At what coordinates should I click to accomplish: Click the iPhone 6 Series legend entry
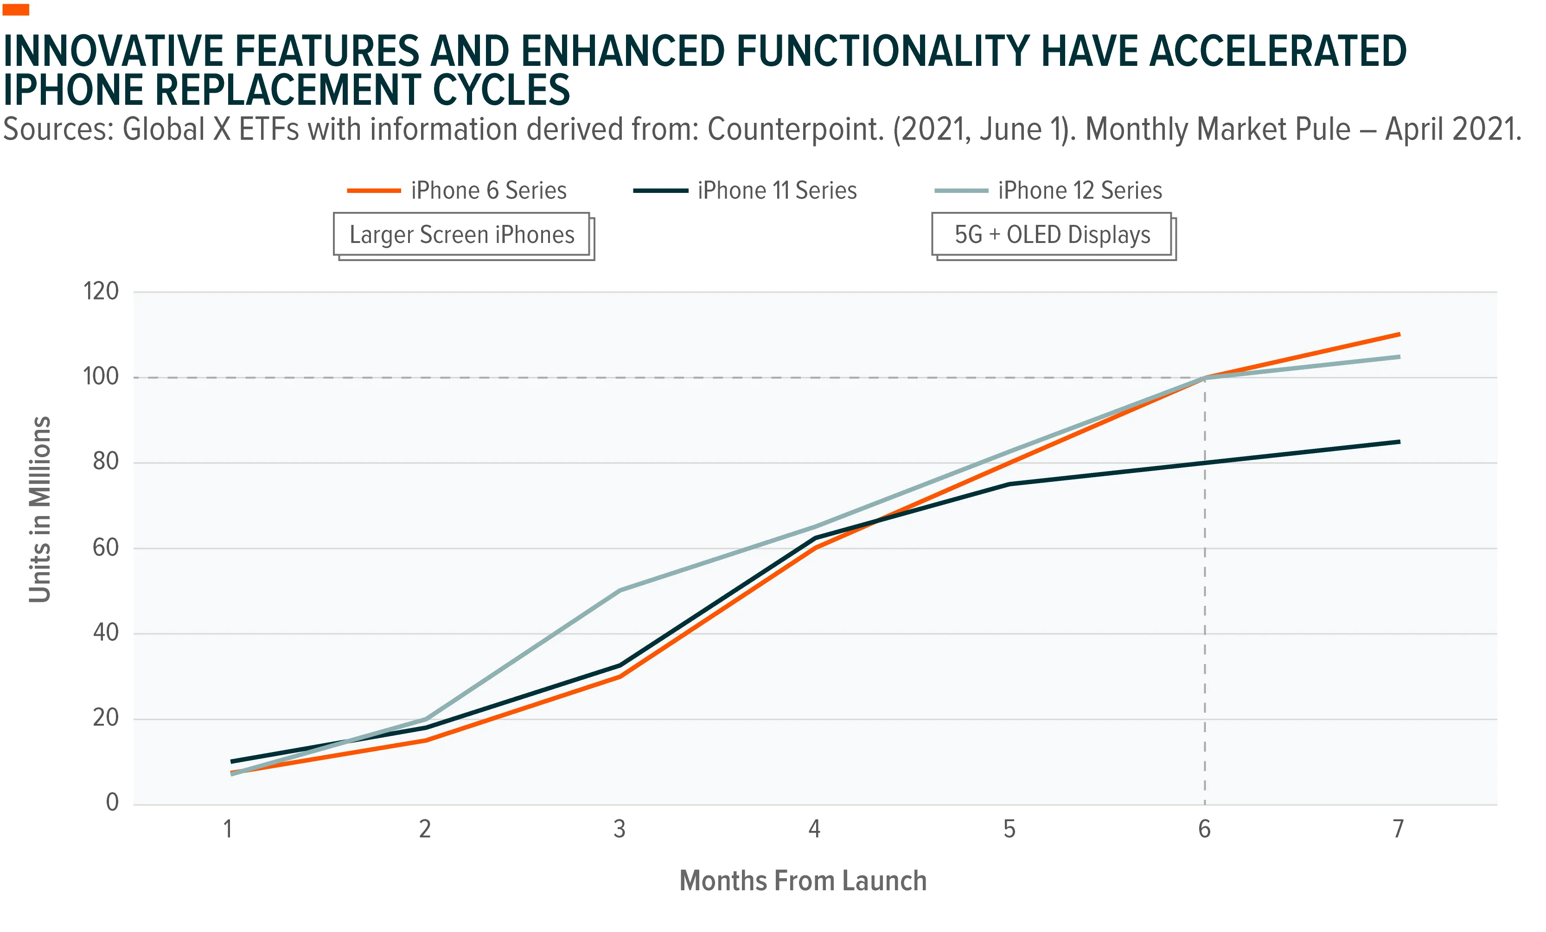(x=457, y=190)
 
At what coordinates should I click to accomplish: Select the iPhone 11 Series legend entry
(x=745, y=190)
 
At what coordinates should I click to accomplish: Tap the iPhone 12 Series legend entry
(x=1048, y=190)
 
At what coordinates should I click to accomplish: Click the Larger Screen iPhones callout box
(x=463, y=236)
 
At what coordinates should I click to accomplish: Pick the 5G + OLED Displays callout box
(x=1054, y=236)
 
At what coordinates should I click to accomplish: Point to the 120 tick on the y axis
(x=101, y=291)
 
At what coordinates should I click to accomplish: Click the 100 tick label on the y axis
(x=101, y=377)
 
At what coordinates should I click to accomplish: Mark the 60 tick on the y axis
(x=105, y=548)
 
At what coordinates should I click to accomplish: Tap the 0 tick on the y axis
(x=112, y=802)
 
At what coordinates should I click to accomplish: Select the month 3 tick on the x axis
(x=619, y=830)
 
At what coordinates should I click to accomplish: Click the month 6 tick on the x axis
(x=1205, y=830)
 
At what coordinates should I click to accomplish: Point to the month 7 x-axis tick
(x=1399, y=830)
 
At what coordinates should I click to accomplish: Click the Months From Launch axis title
(x=803, y=881)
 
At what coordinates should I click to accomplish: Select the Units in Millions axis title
(x=39, y=509)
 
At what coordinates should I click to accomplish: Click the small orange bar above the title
(x=16, y=9)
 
